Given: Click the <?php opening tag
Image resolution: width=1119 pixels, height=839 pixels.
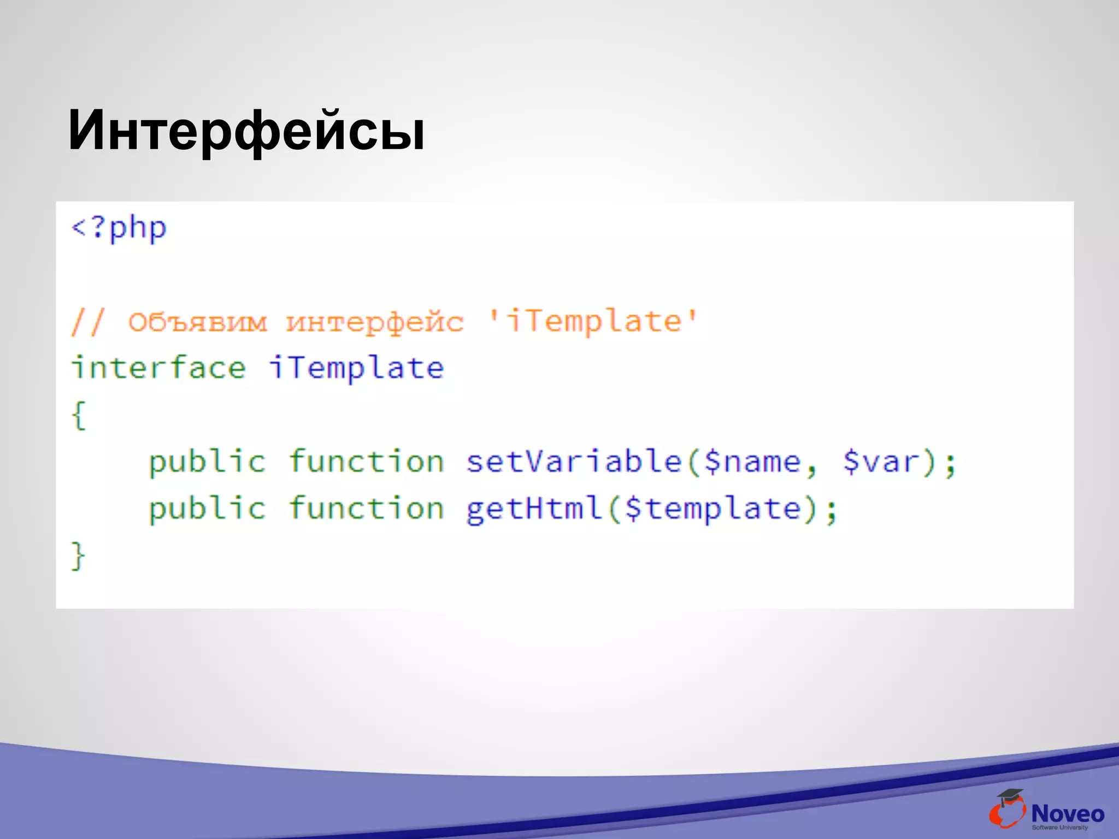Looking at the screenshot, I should (119, 228).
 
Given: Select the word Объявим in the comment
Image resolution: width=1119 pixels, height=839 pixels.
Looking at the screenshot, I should (198, 322).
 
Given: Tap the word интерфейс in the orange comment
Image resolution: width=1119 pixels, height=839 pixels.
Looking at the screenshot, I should (375, 322).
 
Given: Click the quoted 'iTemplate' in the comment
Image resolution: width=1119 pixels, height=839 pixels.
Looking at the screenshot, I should (592, 321).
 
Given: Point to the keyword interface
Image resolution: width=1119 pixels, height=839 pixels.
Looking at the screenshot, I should (158, 368).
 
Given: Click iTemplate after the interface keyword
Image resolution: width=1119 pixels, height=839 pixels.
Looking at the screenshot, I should (356, 368).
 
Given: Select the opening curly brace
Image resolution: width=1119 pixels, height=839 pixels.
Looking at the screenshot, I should (79, 415).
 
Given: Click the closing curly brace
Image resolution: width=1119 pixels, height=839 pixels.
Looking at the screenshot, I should (79, 556).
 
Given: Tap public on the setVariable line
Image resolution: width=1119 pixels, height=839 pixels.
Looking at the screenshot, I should (207, 462).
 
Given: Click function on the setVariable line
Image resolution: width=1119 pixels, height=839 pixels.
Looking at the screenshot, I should (366, 462).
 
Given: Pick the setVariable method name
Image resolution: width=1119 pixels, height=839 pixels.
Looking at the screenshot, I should (574, 462).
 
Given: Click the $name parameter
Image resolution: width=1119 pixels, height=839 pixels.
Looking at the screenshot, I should (753, 462).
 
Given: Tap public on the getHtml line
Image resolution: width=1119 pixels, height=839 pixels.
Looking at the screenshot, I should (207, 509).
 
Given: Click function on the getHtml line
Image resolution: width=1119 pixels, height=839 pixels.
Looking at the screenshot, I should (366, 509).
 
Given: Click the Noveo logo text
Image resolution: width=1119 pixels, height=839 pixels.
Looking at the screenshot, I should (1068, 814).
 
